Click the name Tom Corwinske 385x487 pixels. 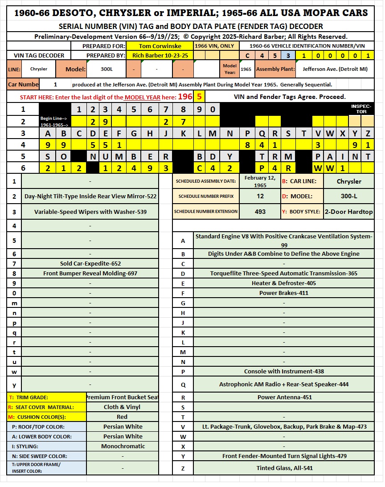coord(160,46)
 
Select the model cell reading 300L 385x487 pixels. coord(106,69)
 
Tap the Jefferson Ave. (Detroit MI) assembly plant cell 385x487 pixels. coord(335,69)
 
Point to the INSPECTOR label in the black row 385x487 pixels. coord(361,109)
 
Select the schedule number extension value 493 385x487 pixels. coord(260,212)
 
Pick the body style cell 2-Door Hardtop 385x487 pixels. coord(348,212)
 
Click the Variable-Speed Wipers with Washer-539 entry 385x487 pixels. coord(90,212)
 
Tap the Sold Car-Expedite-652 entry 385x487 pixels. coord(90,263)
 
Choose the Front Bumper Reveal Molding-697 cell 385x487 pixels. coord(90,273)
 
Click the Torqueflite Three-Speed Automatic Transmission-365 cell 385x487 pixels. coord(284,273)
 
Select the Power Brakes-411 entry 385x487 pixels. coord(284,293)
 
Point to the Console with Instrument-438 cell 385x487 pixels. coord(284,371)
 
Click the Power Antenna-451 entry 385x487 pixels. coord(284,397)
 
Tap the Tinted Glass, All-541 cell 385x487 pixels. coord(284,468)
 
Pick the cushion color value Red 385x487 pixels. coord(123,417)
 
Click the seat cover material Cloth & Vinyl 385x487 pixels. coord(123,407)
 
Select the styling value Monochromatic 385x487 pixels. coord(123,446)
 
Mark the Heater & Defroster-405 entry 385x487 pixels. coord(284,283)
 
